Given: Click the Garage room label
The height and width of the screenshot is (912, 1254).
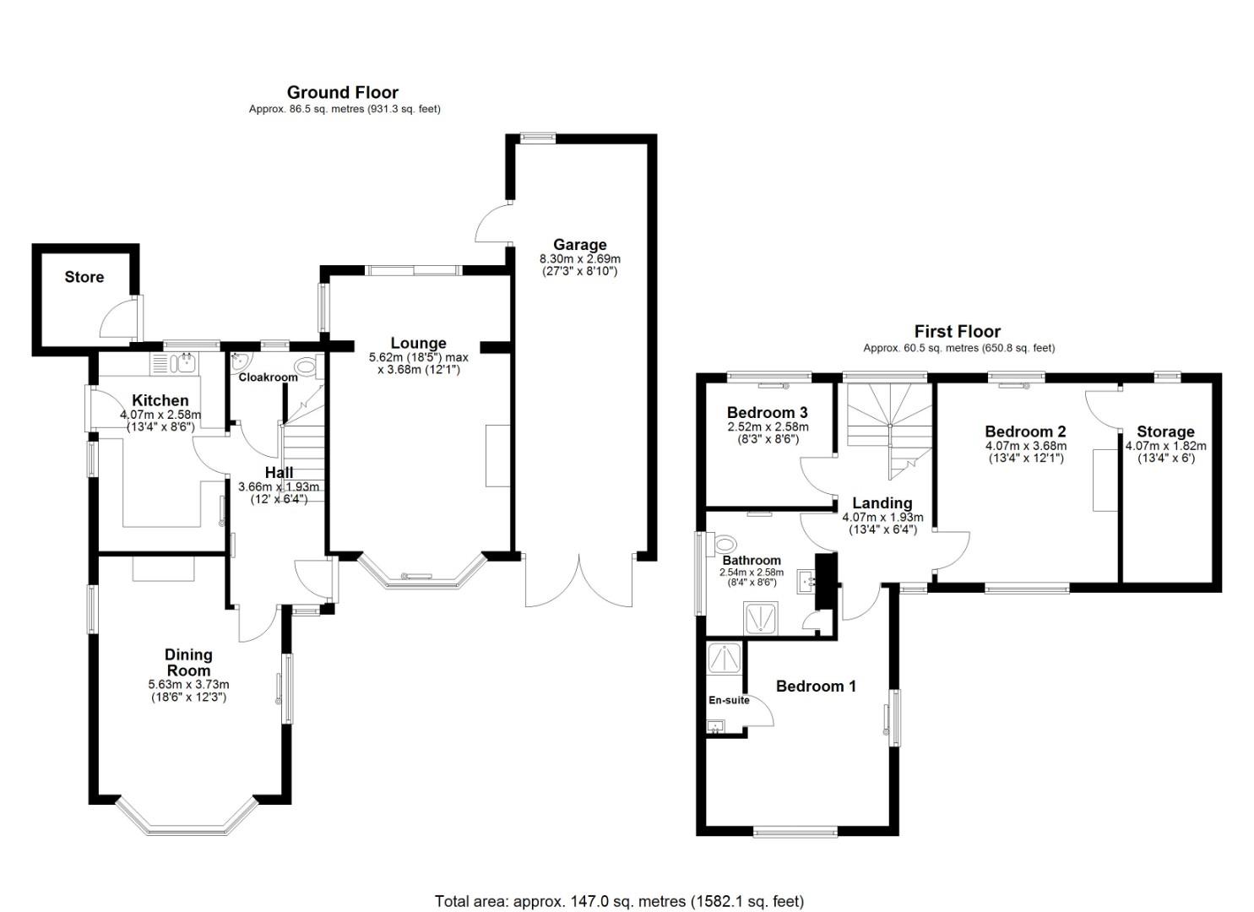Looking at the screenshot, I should [x=579, y=245].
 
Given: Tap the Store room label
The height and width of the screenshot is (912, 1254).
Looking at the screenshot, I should [x=84, y=277].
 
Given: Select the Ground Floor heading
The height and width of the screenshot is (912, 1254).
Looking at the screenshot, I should [x=342, y=92].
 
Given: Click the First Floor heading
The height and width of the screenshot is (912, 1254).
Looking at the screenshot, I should [x=957, y=332].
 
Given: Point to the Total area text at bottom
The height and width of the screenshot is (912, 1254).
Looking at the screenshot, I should [x=619, y=901].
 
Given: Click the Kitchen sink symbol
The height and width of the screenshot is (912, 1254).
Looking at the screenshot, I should [x=184, y=364].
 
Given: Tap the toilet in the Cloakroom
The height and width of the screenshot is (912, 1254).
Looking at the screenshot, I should [x=307, y=366].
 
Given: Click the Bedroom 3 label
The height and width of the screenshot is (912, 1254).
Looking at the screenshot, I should [x=767, y=413].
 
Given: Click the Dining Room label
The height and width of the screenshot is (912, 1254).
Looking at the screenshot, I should [x=188, y=662].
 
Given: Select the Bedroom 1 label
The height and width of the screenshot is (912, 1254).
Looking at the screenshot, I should [x=816, y=687].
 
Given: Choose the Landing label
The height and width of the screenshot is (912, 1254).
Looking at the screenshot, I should [x=882, y=503].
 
